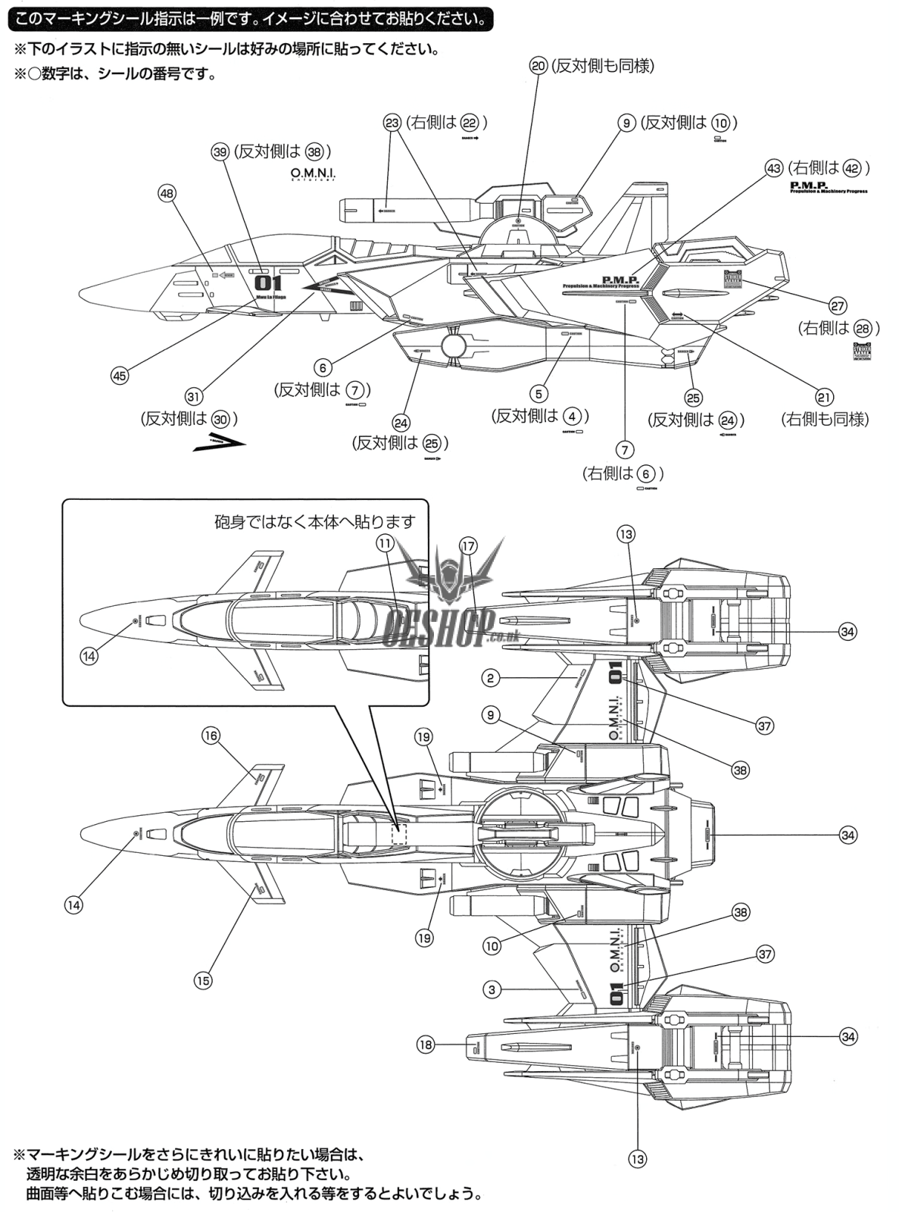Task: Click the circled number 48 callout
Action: pyautogui.click(x=167, y=193)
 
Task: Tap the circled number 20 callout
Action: pyautogui.click(x=538, y=66)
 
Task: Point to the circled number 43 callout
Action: pyautogui.click(x=773, y=168)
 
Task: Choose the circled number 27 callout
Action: pyautogui.click(x=837, y=306)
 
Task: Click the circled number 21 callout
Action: pyautogui.click(x=824, y=397)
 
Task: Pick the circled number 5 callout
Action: pyautogui.click(x=538, y=394)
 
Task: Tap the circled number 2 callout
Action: pyautogui.click(x=491, y=678)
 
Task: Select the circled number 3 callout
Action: pyautogui.click(x=492, y=989)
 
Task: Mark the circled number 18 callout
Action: pyautogui.click(x=425, y=1045)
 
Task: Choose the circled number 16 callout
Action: pyautogui.click(x=211, y=736)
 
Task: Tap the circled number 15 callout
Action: pyautogui.click(x=203, y=980)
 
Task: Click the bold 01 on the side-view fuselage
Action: pyautogui.click(x=269, y=283)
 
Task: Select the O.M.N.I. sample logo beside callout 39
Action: pyautogui.click(x=312, y=174)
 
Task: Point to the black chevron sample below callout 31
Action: pyautogui.click(x=219, y=442)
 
